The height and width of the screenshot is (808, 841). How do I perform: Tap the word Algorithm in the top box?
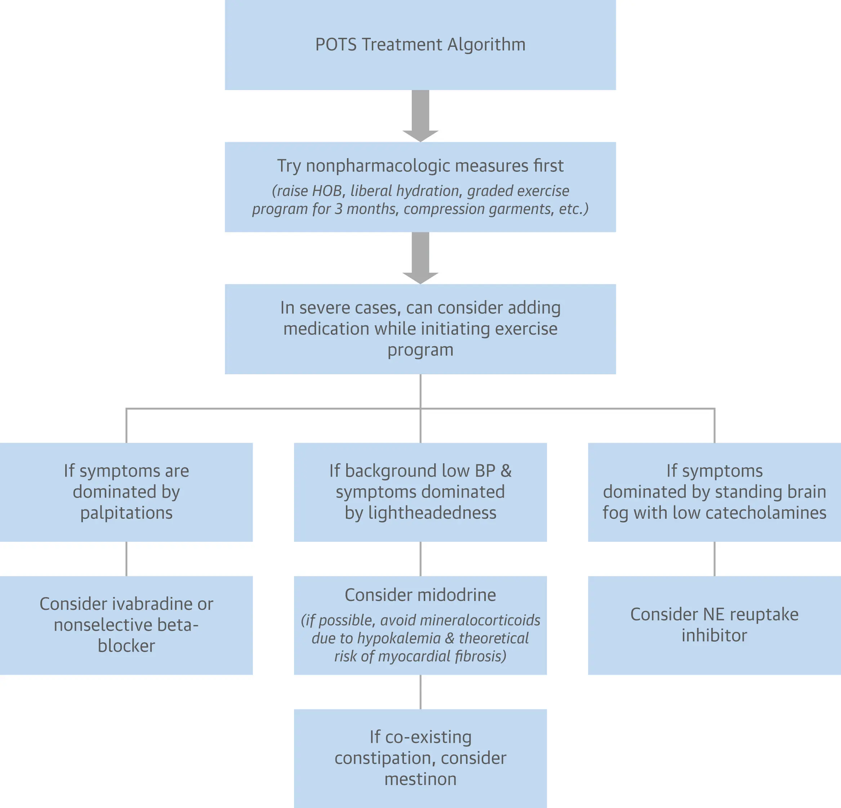486,45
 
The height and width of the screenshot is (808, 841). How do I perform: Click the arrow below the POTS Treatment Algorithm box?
421,115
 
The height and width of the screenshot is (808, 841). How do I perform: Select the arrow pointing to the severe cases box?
421,257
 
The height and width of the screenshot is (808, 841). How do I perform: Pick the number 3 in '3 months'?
339,209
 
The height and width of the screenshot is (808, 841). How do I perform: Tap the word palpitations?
126,513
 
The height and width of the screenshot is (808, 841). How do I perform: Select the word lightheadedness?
432,513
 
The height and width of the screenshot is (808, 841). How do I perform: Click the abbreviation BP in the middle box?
485,471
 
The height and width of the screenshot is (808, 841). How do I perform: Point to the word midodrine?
457,595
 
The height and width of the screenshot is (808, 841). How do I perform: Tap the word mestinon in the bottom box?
421,779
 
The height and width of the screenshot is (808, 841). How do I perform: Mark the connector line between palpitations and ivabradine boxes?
126,559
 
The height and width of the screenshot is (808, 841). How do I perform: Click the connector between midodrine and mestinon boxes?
421,692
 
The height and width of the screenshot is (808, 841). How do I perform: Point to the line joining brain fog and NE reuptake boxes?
715,559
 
